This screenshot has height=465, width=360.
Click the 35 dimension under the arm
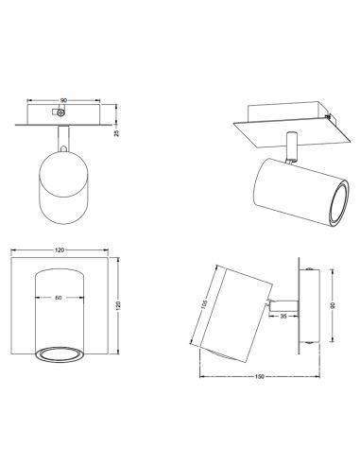point(283,317)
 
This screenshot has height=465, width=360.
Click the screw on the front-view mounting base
point(62,112)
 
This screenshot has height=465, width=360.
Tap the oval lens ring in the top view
point(58,353)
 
